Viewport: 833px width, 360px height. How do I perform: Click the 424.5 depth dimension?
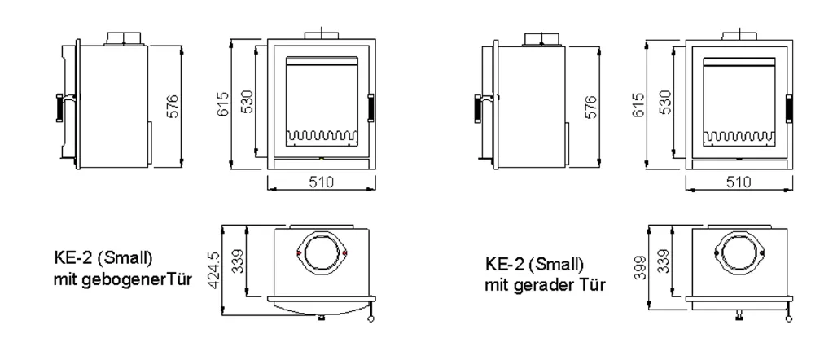click(214, 270)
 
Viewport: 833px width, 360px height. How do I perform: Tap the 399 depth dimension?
click(639, 268)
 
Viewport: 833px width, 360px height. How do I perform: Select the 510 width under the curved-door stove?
click(322, 182)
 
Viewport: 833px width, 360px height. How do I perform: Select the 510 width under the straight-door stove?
click(739, 182)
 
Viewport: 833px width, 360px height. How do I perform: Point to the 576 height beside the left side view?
click(173, 107)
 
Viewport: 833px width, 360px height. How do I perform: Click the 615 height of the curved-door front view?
click(222, 105)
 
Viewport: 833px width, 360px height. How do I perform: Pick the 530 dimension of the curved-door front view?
click(247, 102)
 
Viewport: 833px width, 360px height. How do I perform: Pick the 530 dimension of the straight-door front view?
click(664, 102)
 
